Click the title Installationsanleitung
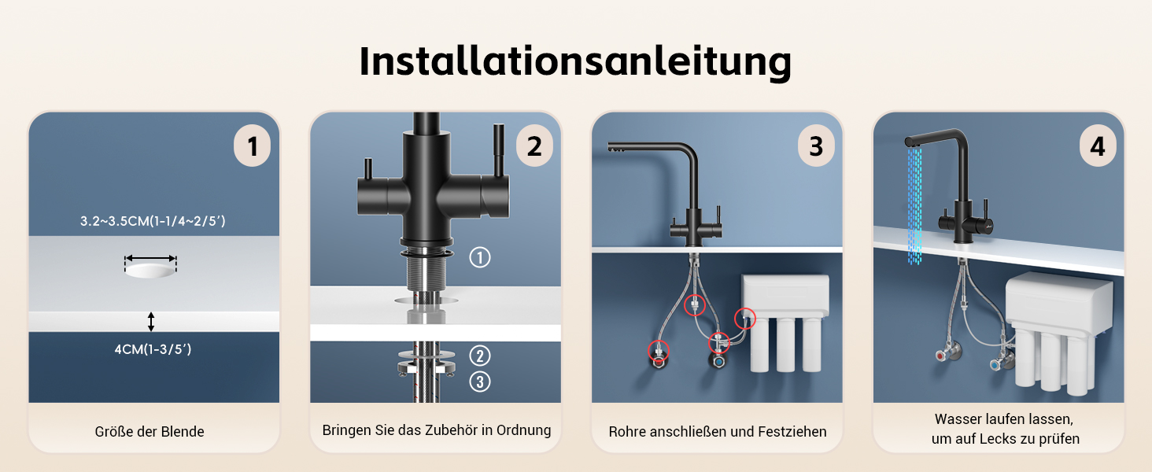575,61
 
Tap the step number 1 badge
252,146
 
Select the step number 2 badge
534,146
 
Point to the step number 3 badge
816,146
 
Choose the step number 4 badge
1098,146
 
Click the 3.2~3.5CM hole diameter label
153,221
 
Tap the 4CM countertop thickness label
153,349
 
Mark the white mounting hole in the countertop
150,270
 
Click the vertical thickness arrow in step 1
150,321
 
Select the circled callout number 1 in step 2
480,257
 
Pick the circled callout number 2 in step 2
480,356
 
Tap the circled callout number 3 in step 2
480,382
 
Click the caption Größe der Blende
150,431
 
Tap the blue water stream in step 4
914,205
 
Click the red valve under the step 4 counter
940,356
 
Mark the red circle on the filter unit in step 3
744,319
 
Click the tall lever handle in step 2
499,150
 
